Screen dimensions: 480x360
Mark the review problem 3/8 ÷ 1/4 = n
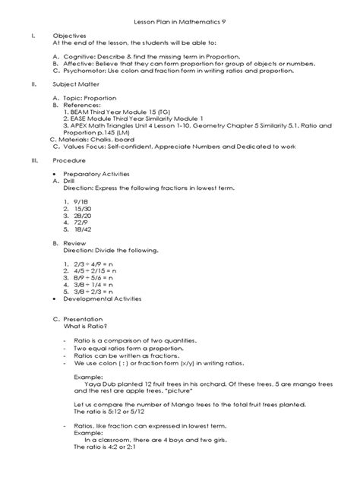click(94, 284)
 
